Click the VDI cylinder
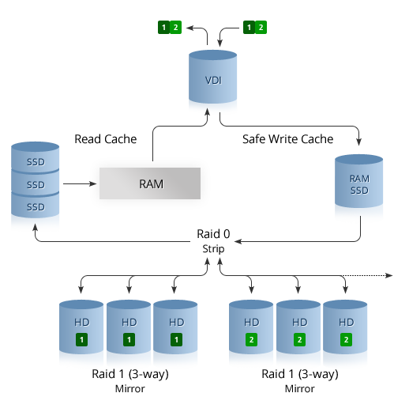pyautogui.click(x=212, y=77)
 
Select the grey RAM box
pyautogui.click(x=150, y=183)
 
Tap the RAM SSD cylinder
pyautogui.click(x=358, y=181)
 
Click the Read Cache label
pyautogui.click(x=106, y=139)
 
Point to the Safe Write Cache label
pyautogui.click(x=287, y=139)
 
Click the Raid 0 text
pyautogui.click(x=213, y=234)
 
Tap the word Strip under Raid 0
pyautogui.click(x=213, y=249)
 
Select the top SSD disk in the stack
pyautogui.click(x=35, y=157)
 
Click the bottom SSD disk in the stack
pyautogui.click(x=35, y=206)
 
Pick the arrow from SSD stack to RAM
pyautogui.click(x=80, y=183)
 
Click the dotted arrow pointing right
pyautogui.click(x=367, y=275)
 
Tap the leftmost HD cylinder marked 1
pyautogui.click(x=81, y=327)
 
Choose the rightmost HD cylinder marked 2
pyautogui.click(x=345, y=327)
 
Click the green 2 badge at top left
pyautogui.click(x=175, y=27)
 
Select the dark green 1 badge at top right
pyautogui.click(x=249, y=27)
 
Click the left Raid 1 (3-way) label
pyautogui.click(x=130, y=374)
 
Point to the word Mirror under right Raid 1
pyautogui.click(x=299, y=389)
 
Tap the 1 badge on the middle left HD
pyautogui.click(x=129, y=339)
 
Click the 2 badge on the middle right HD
pyautogui.click(x=299, y=339)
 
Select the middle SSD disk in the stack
pyautogui.click(x=35, y=183)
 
